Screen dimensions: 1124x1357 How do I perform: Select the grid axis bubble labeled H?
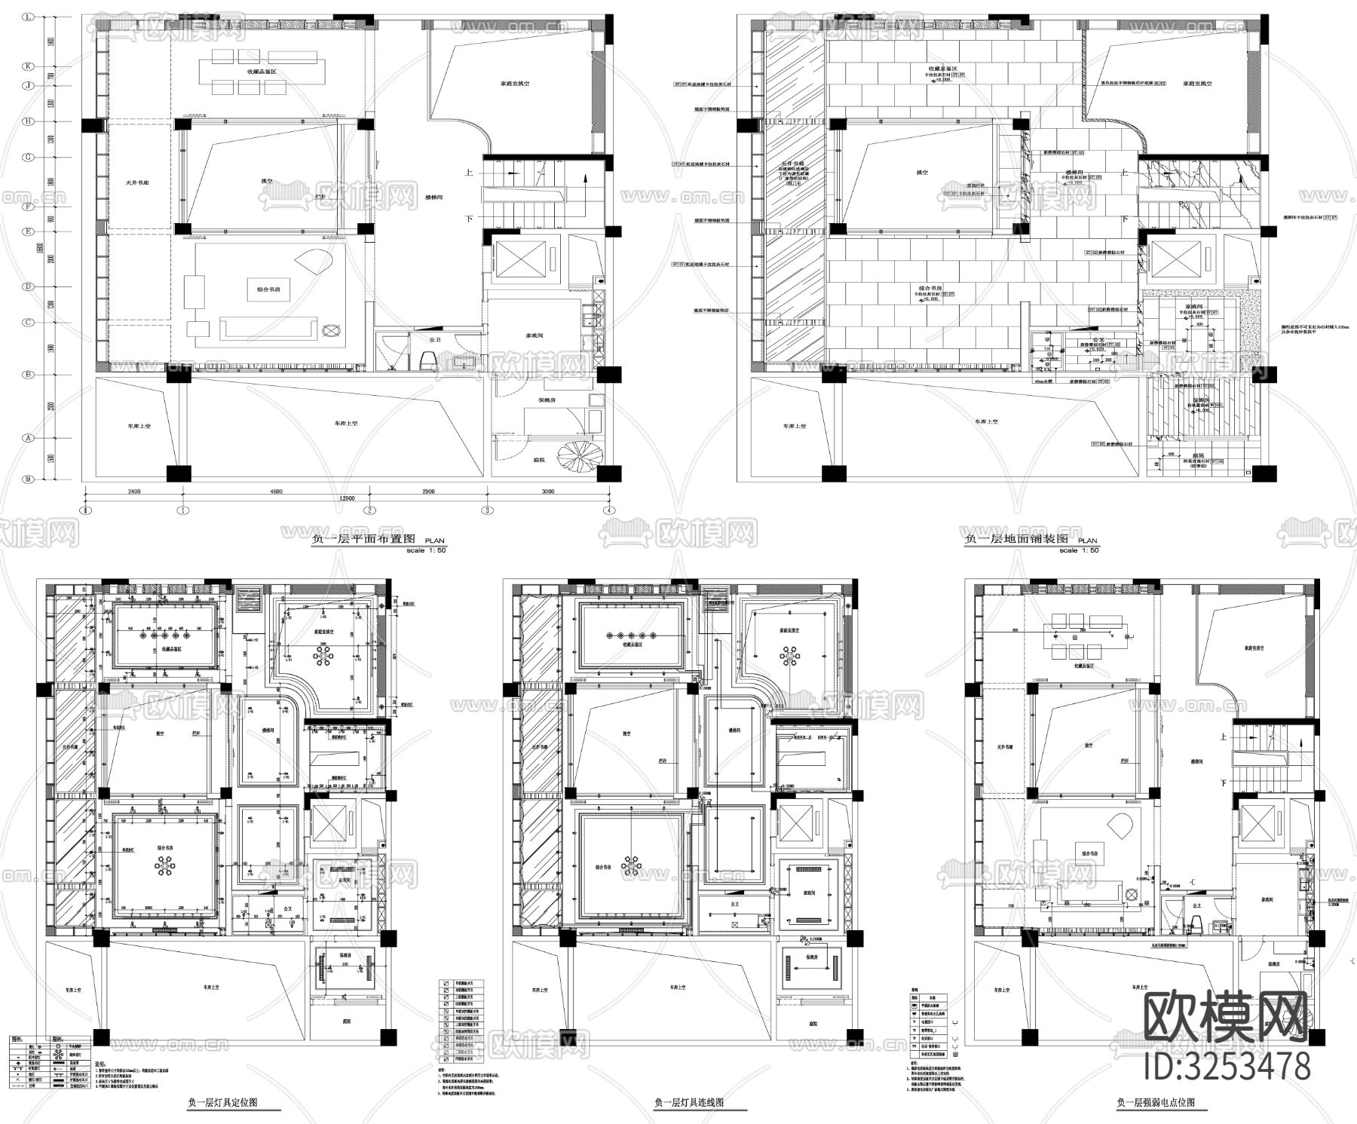coord(29,121)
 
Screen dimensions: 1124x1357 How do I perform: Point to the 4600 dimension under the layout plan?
coord(276,492)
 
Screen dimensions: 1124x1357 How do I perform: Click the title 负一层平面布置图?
coord(363,540)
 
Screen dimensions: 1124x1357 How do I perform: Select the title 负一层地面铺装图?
coord(1016,540)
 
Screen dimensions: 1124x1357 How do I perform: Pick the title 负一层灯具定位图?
coord(222,1102)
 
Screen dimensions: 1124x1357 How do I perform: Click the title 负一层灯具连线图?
coord(689,1102)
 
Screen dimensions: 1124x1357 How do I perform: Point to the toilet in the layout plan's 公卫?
coord(427,363)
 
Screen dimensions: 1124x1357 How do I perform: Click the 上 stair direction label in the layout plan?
coord(469,173)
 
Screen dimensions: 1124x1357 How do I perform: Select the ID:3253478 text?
coord(1227,1067)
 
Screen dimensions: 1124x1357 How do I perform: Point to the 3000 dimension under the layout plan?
coord(548,492)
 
